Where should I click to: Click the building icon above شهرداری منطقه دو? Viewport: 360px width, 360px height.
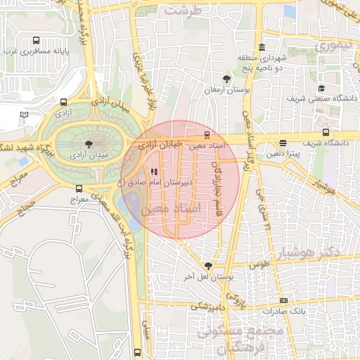(262, 47)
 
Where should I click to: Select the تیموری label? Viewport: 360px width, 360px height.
(332, 46)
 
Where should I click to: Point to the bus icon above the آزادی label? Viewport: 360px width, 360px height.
(64, 101)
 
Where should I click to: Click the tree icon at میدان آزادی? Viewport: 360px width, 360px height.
(87, 143)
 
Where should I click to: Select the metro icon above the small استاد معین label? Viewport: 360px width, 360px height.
(206, 134)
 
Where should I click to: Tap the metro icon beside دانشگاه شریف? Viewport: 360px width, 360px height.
(325, 131)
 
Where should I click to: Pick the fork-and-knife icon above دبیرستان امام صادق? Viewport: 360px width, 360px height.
(154, 171)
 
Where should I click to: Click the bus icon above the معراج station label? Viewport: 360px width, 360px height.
(79, 188)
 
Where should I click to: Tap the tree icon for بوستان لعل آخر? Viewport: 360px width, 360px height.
(207, 266)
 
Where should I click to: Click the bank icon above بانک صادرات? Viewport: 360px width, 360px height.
(283, 300)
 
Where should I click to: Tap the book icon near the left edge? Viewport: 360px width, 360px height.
(24, 114)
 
